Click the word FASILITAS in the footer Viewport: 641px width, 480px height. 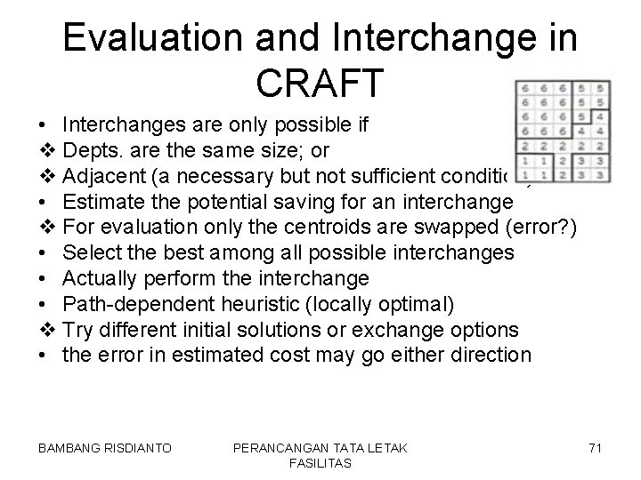(320, 463)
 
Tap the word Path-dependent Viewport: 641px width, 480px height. (129, 304)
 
